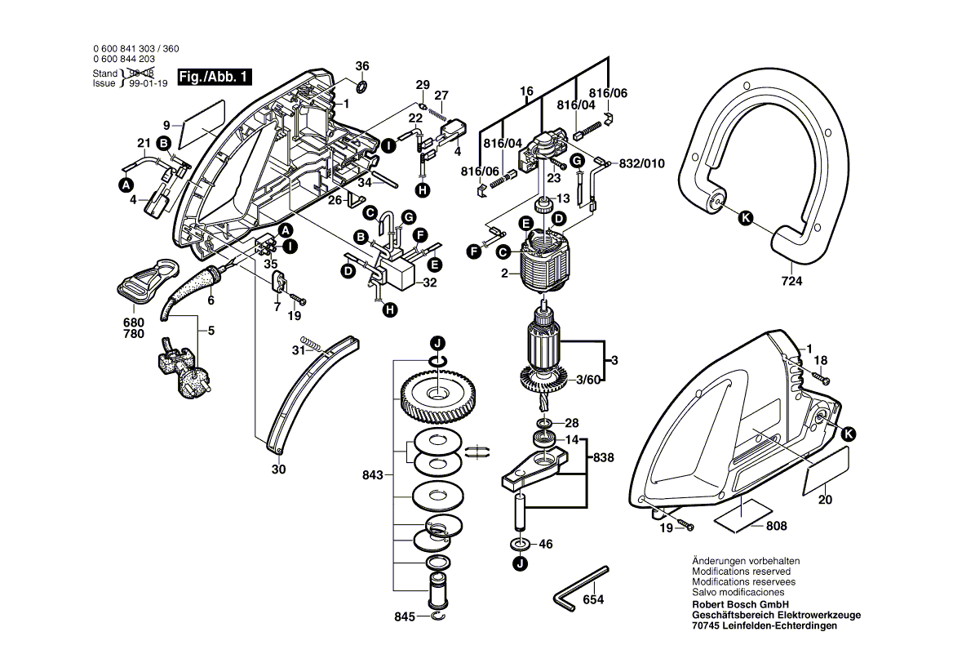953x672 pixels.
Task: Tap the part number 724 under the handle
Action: (x=791, y=282)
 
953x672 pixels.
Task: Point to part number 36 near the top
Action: (x=362, y=66)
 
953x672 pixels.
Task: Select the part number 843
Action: (x=372, y=474)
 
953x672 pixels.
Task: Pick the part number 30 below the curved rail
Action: (x=278, y=470)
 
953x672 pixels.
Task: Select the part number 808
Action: (x=777, y=527)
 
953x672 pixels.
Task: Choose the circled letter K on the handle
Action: (x=744, y=217)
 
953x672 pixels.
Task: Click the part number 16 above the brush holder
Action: (x=526, y=91)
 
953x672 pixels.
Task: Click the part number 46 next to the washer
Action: (x=546, y=543)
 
